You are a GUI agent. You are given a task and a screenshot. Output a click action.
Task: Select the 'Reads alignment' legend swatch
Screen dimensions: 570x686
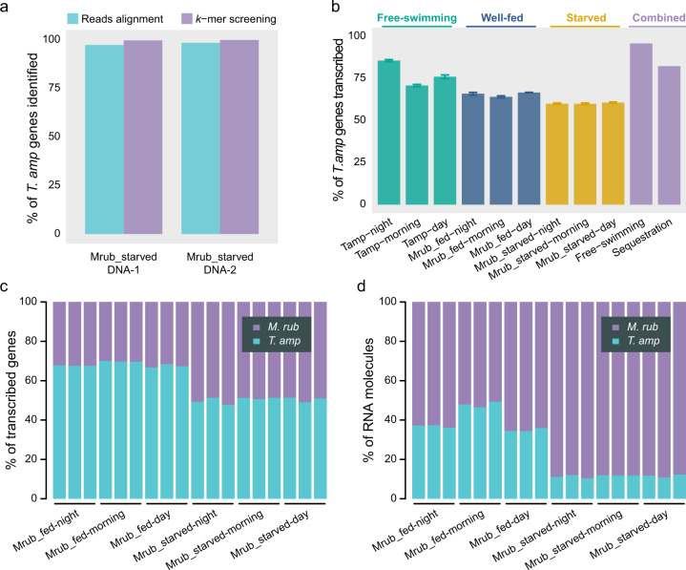coord(81,18)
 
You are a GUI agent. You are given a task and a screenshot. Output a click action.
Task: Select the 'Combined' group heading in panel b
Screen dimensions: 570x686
coord(654,17)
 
